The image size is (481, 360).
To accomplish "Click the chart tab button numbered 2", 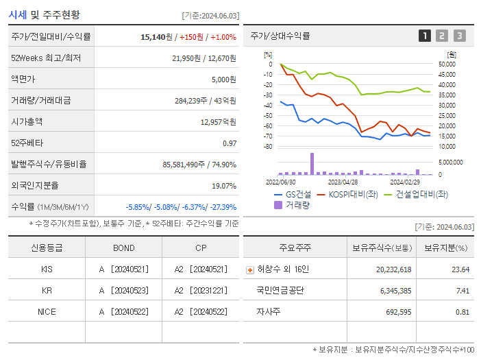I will (x=442, y=36).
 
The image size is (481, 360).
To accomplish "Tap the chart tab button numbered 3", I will (x=459, y=36).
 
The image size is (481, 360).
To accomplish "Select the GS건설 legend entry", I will (x=294, y=195).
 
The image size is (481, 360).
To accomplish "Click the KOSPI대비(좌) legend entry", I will (x=349, y=195).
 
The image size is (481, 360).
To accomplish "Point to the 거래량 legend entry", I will (x=293, y=204).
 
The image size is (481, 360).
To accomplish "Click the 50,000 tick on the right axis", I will (x=447, y=64).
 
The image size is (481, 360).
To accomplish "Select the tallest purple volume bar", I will (x=312, y=164).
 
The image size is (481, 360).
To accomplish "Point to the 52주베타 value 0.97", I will (x=229, y=143).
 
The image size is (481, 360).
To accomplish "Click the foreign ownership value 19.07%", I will (x=223, y=186).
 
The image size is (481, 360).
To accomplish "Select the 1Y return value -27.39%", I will (x=221, y=207).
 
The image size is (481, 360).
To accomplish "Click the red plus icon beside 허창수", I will (x=249, y=269).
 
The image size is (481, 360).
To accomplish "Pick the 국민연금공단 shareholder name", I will (x=281, y=291).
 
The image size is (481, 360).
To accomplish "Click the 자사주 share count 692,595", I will (x=394, y=312).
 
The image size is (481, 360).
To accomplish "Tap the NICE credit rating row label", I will (x=47, y=312).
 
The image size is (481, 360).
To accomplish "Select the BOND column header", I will (x=123, y=248).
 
